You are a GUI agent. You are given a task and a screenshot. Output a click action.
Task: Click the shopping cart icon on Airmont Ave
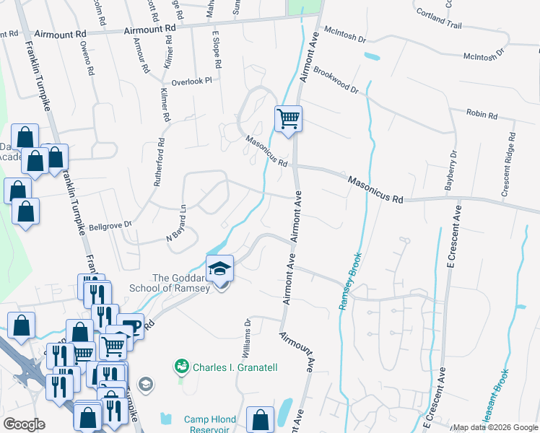[x=288, y=118]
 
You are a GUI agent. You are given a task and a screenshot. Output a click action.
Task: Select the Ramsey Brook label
[x=350, y=282]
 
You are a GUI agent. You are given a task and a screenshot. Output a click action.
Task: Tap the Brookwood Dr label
[x=336, y=80]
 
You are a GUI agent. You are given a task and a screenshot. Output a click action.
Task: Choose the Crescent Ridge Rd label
[x=508, y=165]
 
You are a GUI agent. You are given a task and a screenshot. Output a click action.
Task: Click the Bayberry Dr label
[x=450, y=170]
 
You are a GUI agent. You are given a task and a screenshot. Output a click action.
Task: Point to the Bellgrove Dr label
[x=109, y=224]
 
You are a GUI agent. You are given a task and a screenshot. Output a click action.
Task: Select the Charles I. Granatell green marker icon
[x=182, y=367]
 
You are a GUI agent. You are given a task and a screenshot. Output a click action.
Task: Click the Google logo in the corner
[x=24, y=424]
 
